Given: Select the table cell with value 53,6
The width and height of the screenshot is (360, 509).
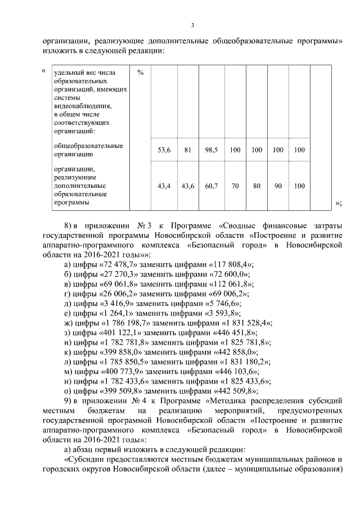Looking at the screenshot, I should coord(164,150).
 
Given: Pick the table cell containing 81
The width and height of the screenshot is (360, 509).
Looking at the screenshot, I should coord(188,150).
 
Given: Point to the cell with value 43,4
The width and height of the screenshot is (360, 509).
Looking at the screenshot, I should coord(164,185).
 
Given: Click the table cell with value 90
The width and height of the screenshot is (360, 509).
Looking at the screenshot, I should coord(278,185).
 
